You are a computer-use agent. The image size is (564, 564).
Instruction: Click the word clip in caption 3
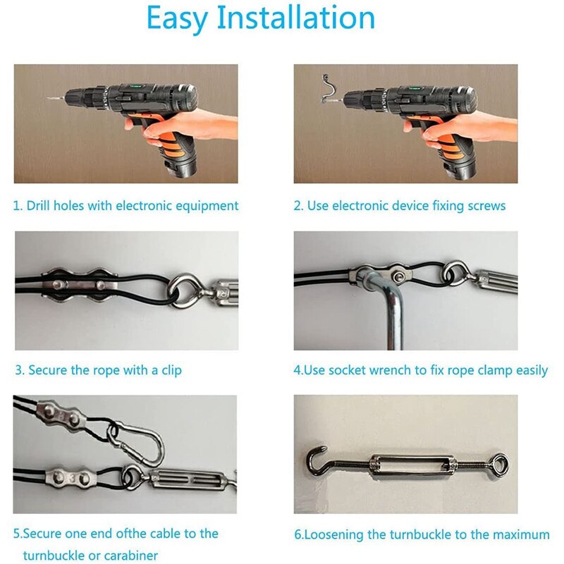point(169,370)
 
